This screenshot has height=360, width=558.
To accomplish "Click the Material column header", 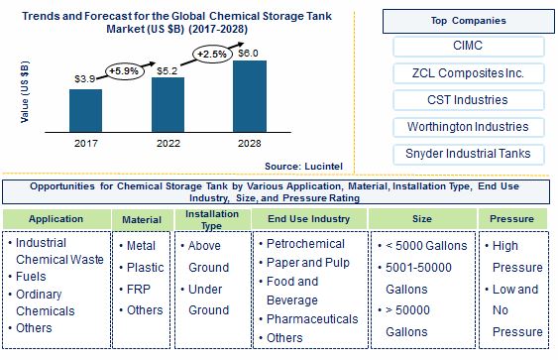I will [141, 218].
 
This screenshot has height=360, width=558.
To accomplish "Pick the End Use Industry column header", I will [307, 218].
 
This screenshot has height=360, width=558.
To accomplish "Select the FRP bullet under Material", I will [141, 288].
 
